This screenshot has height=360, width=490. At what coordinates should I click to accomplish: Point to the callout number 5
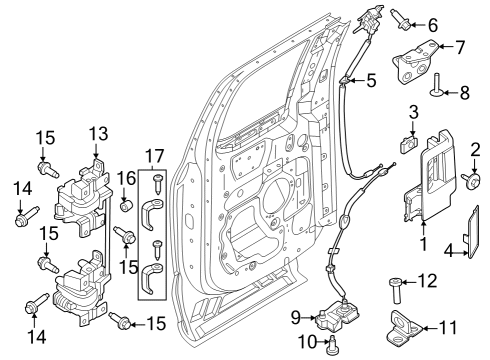(370, 80)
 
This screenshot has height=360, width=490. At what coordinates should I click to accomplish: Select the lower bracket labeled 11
(407, 325)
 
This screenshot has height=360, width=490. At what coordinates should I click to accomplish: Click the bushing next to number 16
(127, 205)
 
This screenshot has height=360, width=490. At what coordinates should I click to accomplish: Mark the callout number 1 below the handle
(423, 242)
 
